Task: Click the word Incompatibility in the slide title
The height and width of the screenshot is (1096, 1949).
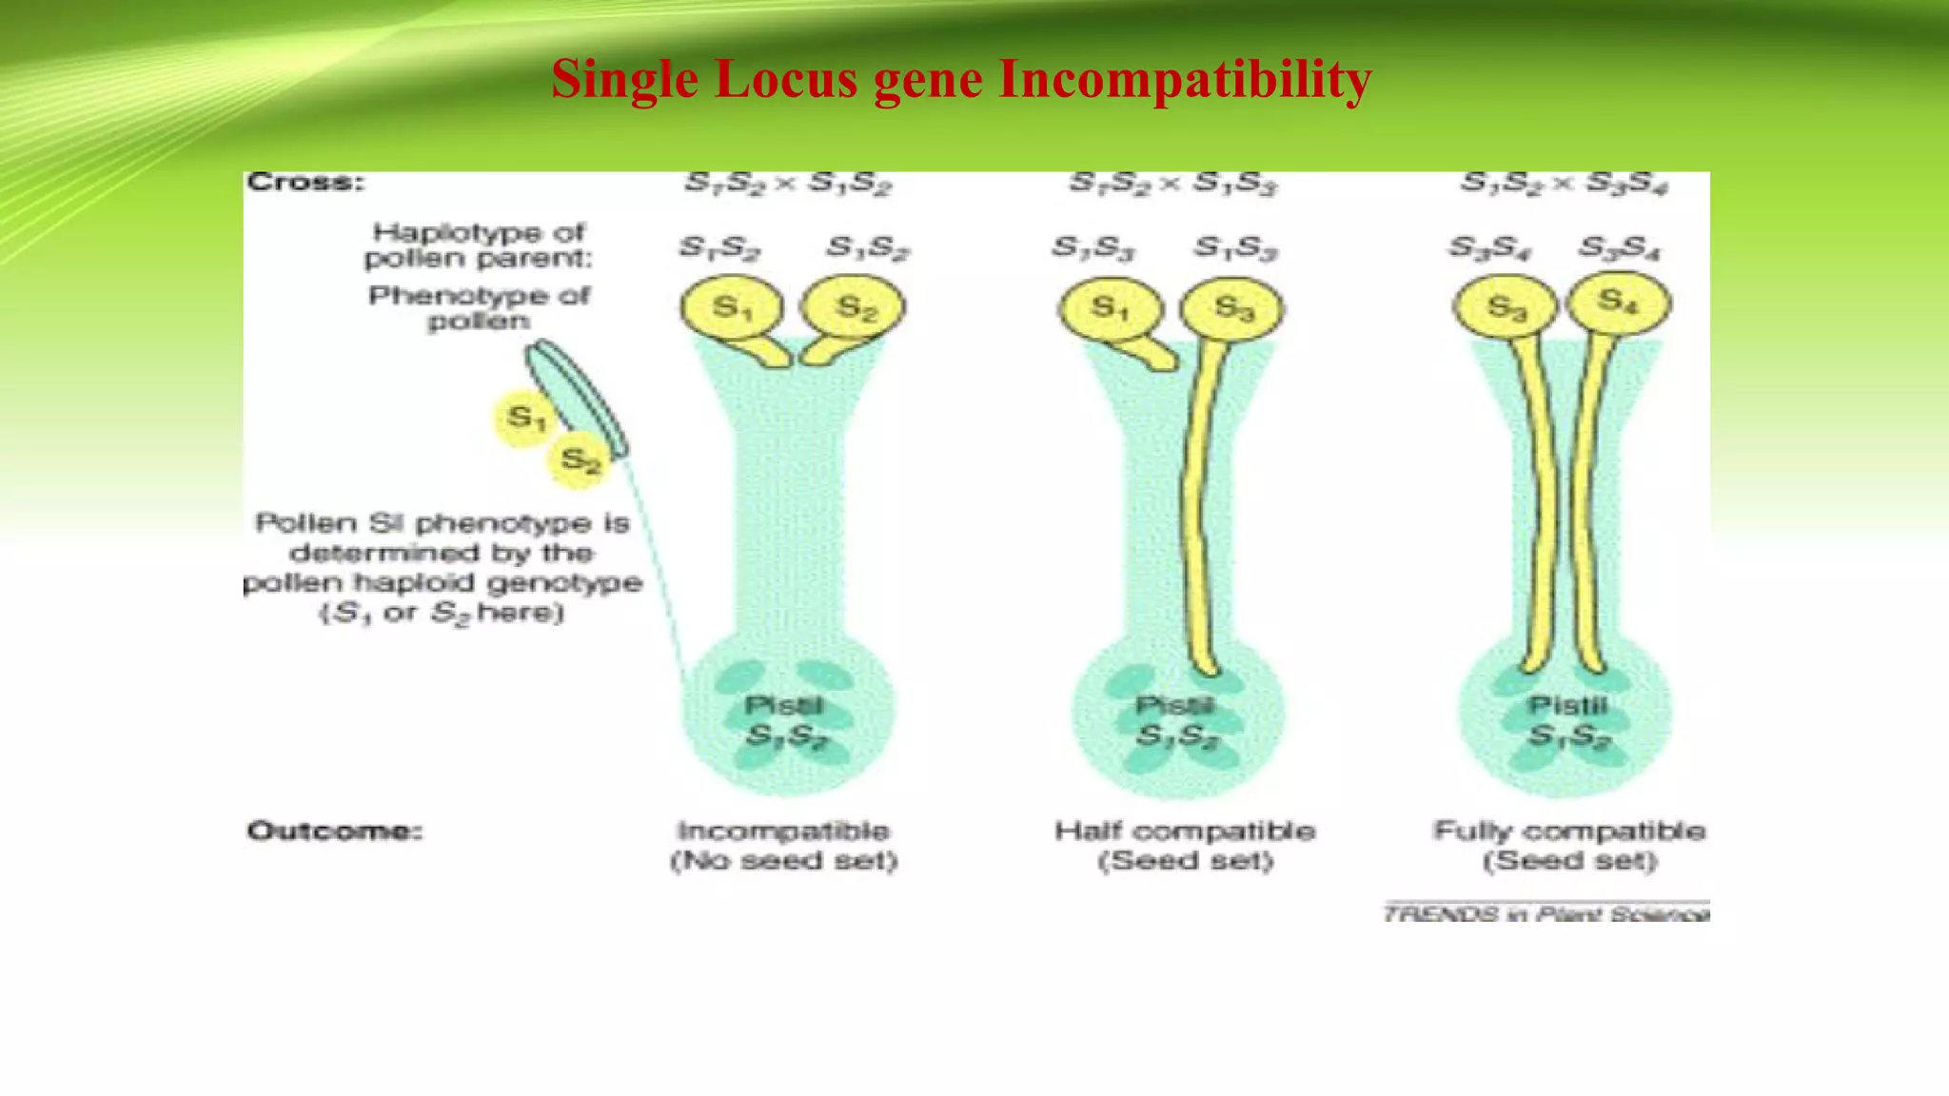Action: (1185, 79)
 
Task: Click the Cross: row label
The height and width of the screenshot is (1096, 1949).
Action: (305, 182)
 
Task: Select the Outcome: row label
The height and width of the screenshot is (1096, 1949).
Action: (334, 832)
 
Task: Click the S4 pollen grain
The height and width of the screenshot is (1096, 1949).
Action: (1619, 303)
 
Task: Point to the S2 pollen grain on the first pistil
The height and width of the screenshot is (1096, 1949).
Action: (853, 307)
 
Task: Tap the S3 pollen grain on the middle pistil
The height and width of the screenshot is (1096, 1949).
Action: (1231, 308)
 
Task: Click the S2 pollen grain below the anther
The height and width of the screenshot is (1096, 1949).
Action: (580, 460)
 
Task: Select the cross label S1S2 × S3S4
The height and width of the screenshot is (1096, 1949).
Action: (1564, 184)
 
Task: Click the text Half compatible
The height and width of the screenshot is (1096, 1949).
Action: (1184, 832)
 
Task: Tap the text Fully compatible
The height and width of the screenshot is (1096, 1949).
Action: (1569, 832)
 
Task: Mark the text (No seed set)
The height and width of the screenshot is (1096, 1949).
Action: (784, 861)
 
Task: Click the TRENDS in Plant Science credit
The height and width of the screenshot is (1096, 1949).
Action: (1545, 914)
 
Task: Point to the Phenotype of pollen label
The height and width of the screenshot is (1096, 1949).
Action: (479, 308)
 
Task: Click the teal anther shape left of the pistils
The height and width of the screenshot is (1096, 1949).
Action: (577, 400)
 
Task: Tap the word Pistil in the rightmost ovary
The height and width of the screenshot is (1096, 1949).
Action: (1567, 706)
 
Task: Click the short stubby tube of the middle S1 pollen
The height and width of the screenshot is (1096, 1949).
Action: (1155, 353)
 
